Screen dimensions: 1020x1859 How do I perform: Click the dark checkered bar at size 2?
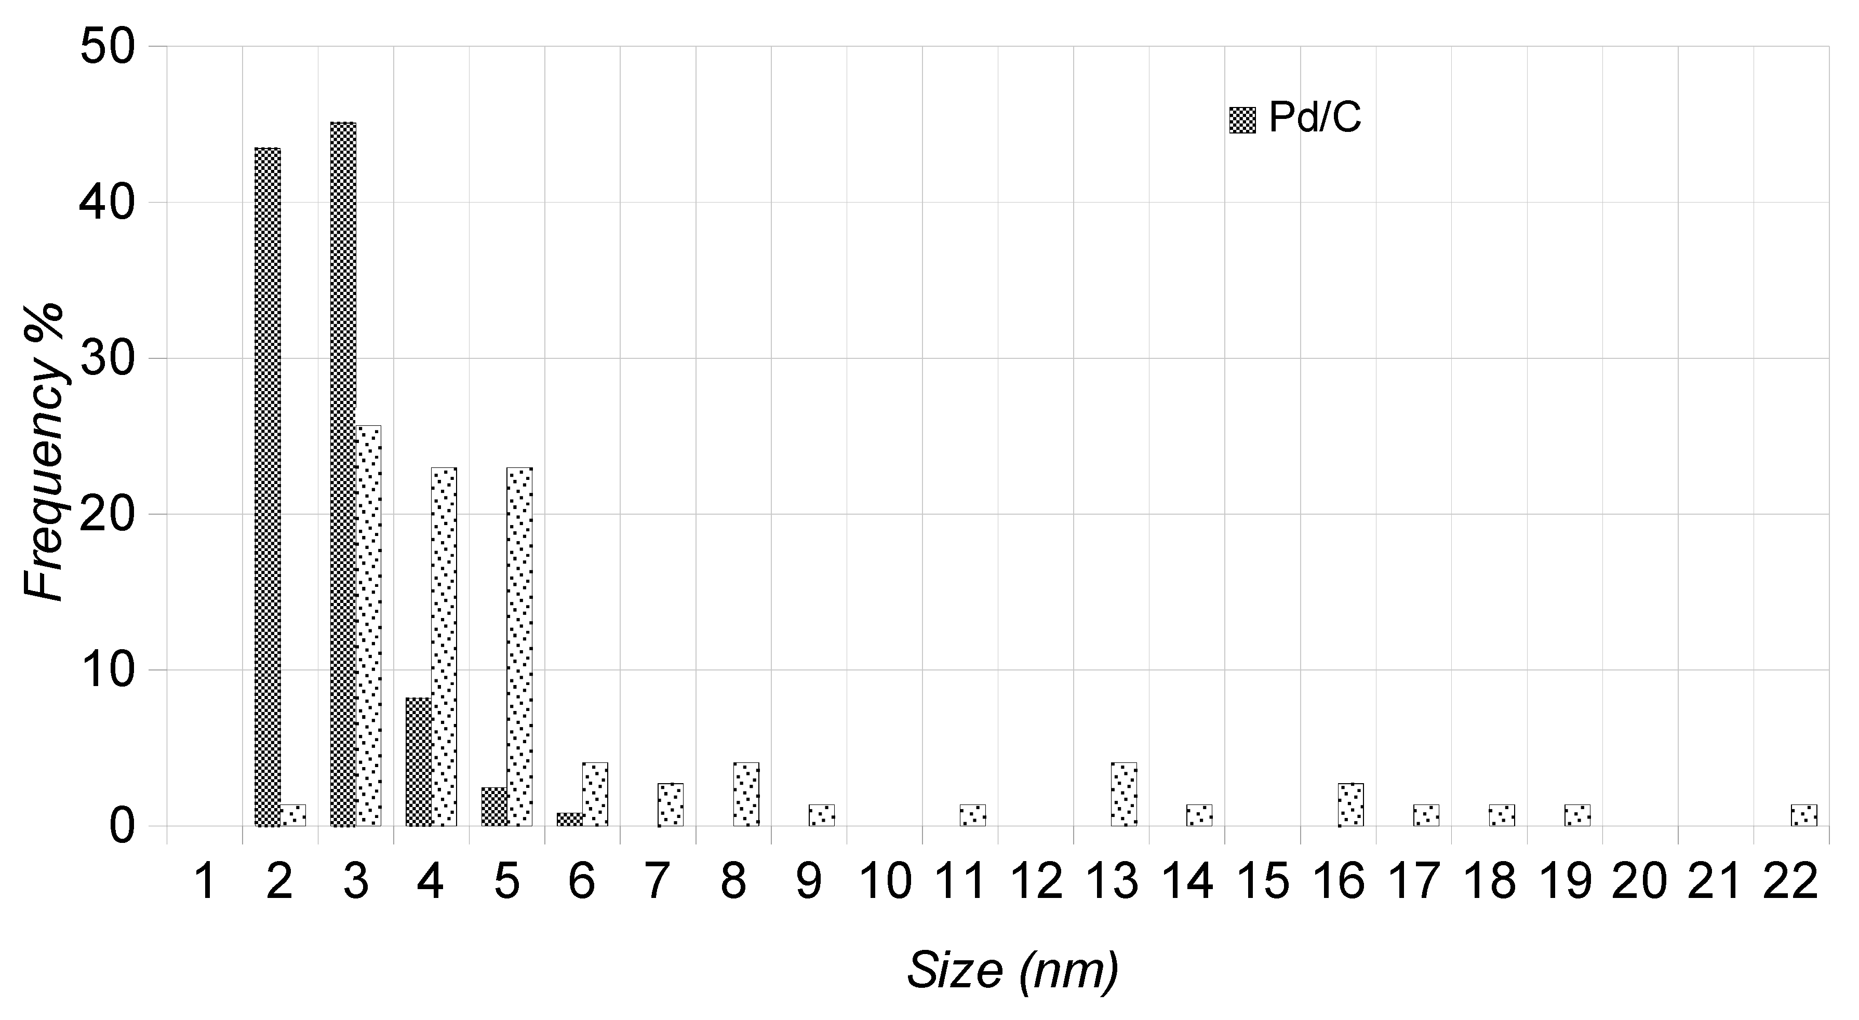[267, 487]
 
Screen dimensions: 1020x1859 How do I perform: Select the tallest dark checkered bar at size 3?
[343, 474]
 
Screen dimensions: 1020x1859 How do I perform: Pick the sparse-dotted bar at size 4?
[444, 647]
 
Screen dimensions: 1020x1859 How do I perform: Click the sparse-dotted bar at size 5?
[519, 647]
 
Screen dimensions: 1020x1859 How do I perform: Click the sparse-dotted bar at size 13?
[1124, 794]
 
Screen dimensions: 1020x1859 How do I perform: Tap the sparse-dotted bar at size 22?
[1804, 815]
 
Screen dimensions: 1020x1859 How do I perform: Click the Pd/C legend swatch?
[1242, 120]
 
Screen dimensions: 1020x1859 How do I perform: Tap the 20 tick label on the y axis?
[108, 514]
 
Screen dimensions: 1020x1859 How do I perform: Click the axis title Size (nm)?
[1012, 971]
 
